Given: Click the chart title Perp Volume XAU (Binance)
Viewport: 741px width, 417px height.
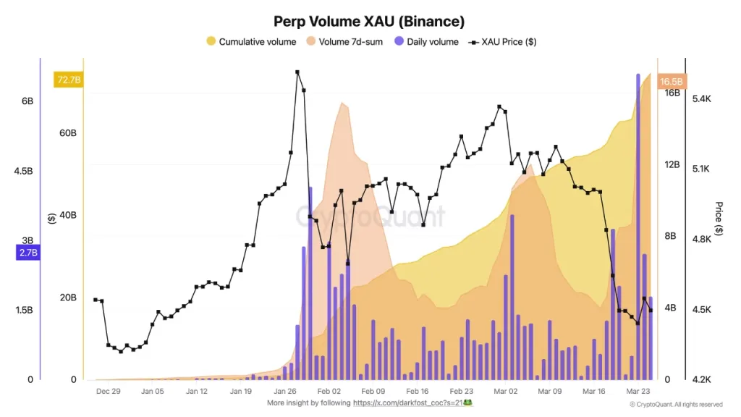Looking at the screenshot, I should pos(370,22).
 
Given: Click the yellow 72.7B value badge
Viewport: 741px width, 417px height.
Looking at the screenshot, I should pos(68,80).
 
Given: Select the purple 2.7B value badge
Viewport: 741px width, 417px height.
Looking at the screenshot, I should pos(27,253).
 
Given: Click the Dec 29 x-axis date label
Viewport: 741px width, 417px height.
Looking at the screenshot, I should pos(108,391).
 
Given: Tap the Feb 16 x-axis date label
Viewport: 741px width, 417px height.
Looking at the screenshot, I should pos(417,391).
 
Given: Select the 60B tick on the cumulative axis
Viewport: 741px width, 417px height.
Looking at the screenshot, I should pos(68,133).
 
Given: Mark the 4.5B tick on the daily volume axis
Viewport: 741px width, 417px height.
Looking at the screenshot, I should pos(23,171).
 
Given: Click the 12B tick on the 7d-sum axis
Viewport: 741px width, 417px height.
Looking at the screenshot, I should pos(672,164).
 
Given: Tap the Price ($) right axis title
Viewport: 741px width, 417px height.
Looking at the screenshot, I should pos(719,219).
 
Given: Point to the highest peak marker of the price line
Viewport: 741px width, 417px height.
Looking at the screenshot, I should pos(297,72).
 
